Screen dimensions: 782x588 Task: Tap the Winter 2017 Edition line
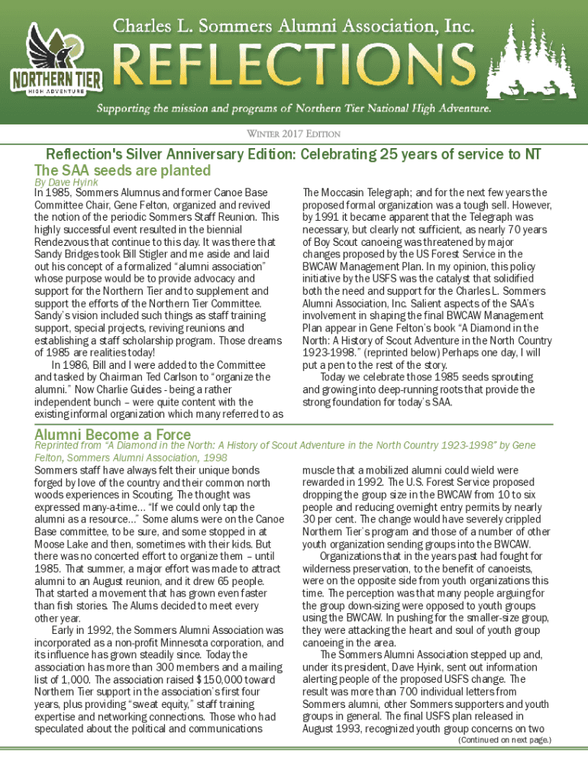(x=293, y=134)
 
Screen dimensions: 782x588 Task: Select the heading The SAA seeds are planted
(x=122, y=170)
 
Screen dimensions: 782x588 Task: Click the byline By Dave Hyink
(x=66, y=183)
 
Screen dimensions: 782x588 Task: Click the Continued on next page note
(x=503, y=740)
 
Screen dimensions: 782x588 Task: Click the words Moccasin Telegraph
(x=355, y=192)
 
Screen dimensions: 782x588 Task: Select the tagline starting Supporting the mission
(x=293, y=109)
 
